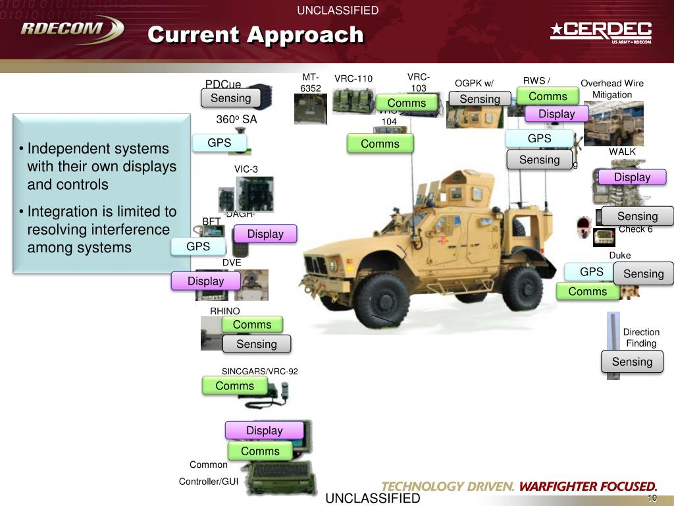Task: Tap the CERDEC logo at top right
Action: [601, 31]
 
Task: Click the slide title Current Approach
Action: [255, 34]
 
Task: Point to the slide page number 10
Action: [652, 498]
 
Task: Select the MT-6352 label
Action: [311, 83]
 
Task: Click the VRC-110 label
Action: [353, 79]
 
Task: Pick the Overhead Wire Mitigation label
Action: [611, 89]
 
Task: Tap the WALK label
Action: [622, 152]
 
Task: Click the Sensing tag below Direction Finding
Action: [632, 362]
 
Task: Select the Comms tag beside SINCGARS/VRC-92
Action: [235, 386]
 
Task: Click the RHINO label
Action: [225, 311]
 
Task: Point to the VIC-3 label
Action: [246, 169]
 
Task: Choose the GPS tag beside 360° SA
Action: [219, 143]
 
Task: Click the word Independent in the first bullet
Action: [65, 149]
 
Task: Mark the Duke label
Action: [619, 256]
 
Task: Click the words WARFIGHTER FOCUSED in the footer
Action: [588, 487]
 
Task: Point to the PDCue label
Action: [223, 85]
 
